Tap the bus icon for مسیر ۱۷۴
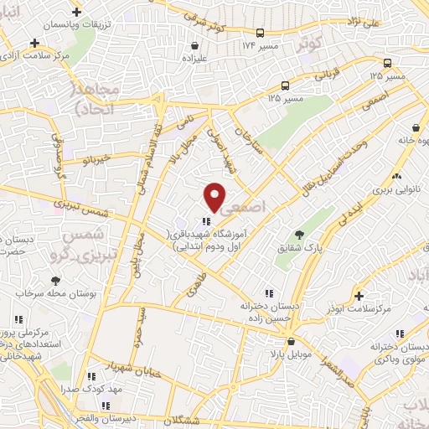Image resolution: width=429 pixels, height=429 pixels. (x=261, y=33)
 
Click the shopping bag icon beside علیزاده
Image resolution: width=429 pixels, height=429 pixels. (x=195, y=46)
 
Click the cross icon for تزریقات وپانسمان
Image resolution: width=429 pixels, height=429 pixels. (x=77, y=13)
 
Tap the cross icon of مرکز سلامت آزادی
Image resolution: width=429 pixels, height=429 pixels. (x=34, y=42)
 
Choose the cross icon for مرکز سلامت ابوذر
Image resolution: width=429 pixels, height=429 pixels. (x=359, y=296)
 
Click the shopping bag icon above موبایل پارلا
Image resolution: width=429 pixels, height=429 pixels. (x=291, y=342)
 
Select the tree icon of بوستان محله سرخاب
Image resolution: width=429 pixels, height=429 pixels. (x=55, y=281)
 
